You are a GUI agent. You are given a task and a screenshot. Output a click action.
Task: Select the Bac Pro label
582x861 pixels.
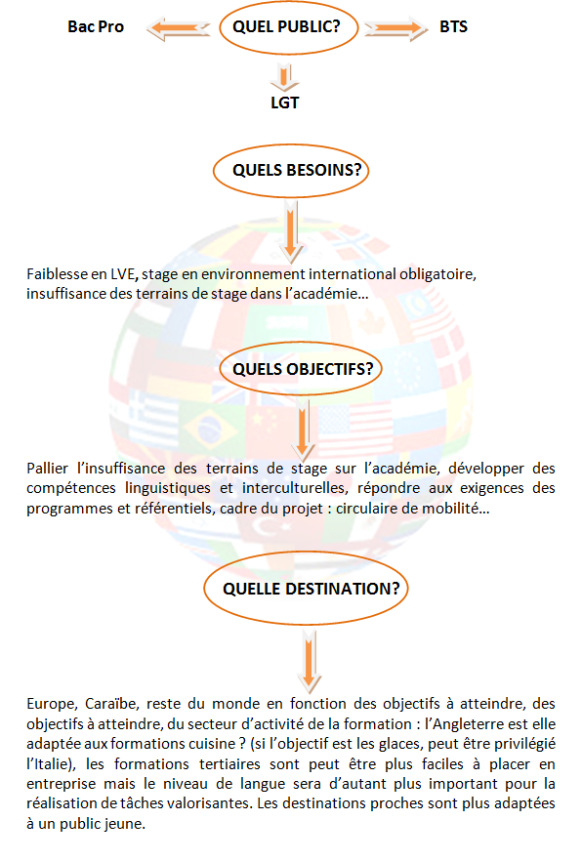click(96, 27)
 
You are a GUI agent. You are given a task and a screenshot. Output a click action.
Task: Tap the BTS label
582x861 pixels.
click(453, 27)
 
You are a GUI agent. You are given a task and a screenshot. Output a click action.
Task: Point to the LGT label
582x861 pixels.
click(284, 102)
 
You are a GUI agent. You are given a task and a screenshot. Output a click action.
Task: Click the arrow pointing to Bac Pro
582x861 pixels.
click(178, 28)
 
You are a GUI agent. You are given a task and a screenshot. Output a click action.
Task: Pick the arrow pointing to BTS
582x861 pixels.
click(395, 28)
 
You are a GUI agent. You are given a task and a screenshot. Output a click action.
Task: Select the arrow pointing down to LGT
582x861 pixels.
click(284, 77)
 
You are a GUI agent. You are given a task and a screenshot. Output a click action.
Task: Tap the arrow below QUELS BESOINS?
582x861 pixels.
click(291, 231)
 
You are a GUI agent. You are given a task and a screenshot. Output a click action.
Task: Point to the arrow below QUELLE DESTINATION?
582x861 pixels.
click(310, 661)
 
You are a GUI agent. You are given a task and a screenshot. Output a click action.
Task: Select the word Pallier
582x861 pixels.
click(47, 469)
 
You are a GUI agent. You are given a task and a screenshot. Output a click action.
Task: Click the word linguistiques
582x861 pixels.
click(167, 488)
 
